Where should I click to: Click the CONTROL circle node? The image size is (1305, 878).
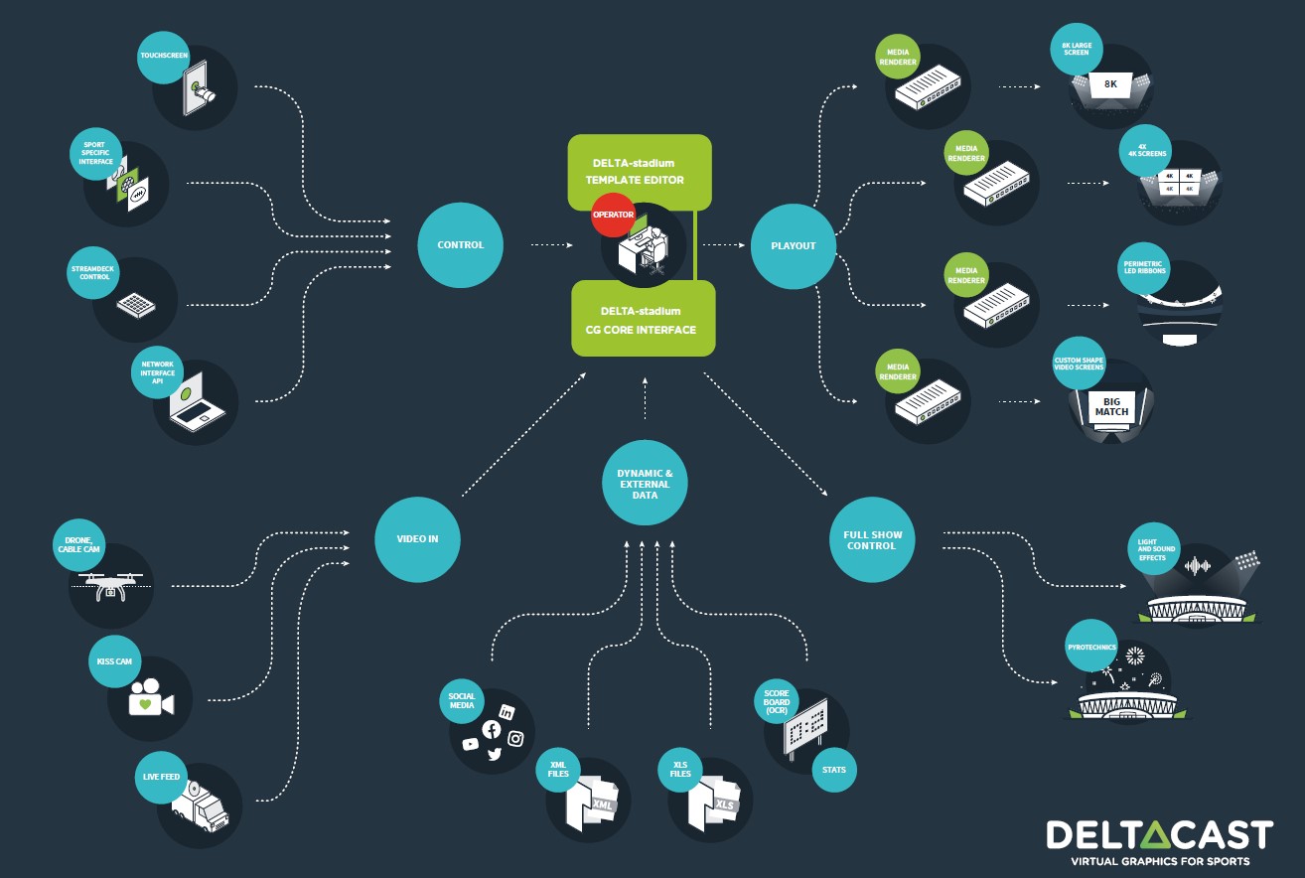460,244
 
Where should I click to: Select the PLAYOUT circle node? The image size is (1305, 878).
793,246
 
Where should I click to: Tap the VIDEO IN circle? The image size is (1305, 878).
417,539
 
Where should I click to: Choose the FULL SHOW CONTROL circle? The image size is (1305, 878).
872,539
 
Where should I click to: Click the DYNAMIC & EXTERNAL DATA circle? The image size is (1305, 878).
645,483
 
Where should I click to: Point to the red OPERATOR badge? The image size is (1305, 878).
613,215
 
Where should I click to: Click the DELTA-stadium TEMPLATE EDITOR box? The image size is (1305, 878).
640,172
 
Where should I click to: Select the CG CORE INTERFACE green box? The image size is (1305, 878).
644,319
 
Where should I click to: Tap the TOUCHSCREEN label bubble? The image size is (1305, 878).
163,57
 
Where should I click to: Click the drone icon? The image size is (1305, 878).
110,586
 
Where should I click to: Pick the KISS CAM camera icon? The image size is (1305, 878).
151,697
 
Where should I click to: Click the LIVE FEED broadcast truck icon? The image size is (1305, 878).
201,805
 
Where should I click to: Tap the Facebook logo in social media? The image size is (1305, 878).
492,729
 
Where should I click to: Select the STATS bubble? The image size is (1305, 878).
833,770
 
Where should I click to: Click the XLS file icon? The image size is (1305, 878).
714,803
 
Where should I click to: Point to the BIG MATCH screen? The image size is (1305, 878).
1111,407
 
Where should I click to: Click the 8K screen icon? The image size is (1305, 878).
1110,85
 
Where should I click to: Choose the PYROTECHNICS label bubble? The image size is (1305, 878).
1091,647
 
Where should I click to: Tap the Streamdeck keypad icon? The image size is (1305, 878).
136,305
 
